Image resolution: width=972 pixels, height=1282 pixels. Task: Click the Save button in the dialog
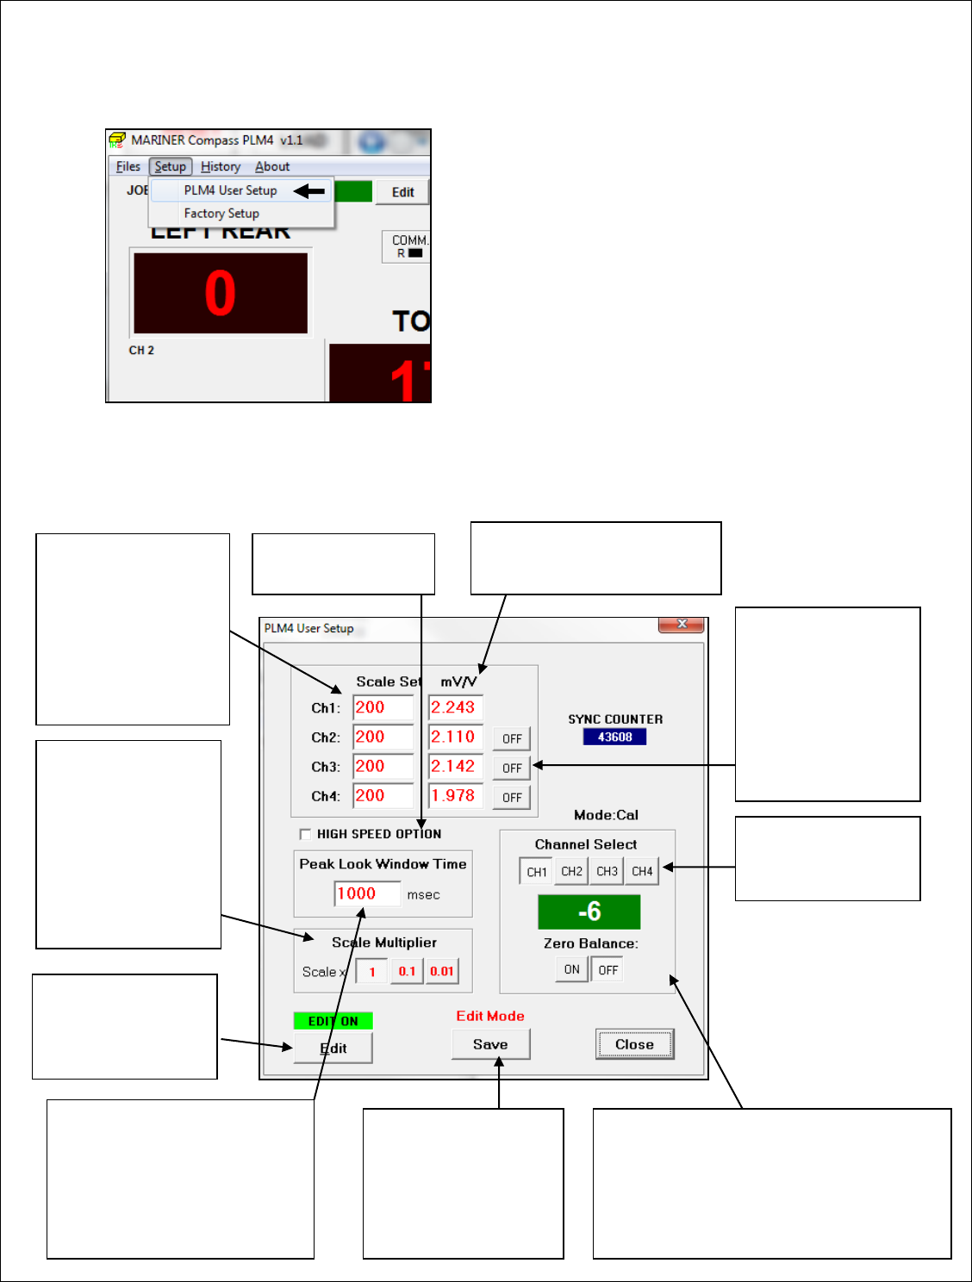pos(490,1044)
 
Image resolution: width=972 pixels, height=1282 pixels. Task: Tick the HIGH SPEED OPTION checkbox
pos(305,834)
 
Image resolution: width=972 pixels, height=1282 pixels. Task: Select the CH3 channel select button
pos(607,871)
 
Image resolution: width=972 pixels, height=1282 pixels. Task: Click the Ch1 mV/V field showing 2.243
pos(455,707)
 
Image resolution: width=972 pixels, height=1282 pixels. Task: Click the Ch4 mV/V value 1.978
pos(455,796)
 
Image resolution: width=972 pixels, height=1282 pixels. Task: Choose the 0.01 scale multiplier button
pos(442,971)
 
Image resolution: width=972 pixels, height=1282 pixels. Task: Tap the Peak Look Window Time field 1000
pos(367,893)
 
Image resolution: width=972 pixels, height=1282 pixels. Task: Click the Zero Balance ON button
pos(571,969)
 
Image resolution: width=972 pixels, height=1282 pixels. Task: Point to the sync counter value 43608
pos(614,737)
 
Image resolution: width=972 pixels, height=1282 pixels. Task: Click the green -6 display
pos(589,912)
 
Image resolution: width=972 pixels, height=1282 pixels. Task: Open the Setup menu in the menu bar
pos(170,166)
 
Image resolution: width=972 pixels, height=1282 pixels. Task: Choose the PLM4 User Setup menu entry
pos(230,190)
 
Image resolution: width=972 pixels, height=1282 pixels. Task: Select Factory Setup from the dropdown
pos(221,214)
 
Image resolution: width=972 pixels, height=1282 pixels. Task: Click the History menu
pos(221,166)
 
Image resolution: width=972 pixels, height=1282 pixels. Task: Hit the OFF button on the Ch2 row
pos(512,738)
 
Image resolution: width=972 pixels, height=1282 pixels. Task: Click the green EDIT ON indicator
pos(333,1021)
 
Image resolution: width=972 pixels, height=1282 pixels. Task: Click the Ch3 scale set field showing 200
pos(383,766)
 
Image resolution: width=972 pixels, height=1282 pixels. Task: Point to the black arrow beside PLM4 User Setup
pos(309,190)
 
